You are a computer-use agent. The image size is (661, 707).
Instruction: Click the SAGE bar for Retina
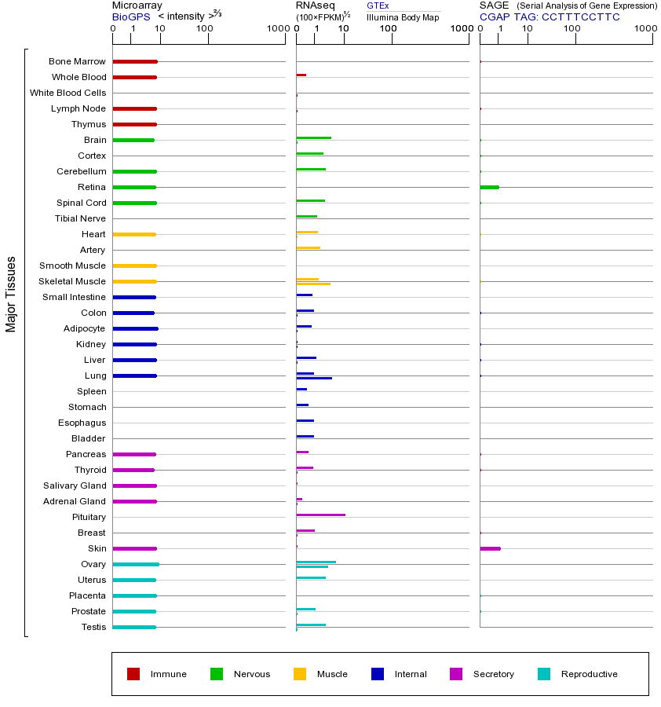click(x=489, y=187)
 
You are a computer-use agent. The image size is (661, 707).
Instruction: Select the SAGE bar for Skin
click(x=490, y=548)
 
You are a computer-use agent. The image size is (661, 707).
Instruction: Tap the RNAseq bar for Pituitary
click(x=320, y=515)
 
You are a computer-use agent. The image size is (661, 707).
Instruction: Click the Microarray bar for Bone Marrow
click(x=135, y=61)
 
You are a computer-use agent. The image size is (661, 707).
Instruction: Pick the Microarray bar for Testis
click(x=134, y=627)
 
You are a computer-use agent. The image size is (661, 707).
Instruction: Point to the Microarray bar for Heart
click(x=134, y=234)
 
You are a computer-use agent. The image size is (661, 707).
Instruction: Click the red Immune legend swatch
click(x=133, y=674)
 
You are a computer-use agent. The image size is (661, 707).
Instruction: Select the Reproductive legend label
click(x=589, y=674)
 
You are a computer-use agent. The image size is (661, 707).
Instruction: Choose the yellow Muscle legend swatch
click(x=300, y=674)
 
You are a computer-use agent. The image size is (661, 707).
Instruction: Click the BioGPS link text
click(x=130, y=16)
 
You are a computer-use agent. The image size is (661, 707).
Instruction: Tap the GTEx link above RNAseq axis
click(x=378, y=6)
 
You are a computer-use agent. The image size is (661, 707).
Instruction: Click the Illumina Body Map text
click(x=403, y=16)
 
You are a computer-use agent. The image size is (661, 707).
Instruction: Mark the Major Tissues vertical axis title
click(x=11, y=293)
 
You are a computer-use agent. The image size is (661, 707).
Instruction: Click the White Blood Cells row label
click(x=68, y=93)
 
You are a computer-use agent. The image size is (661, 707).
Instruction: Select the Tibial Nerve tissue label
click(x=80, y=218)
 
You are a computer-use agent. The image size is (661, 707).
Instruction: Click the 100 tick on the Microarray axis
click(x=204, y=29)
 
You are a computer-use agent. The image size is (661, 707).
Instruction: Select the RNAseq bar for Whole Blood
click(x=301, y=75)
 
